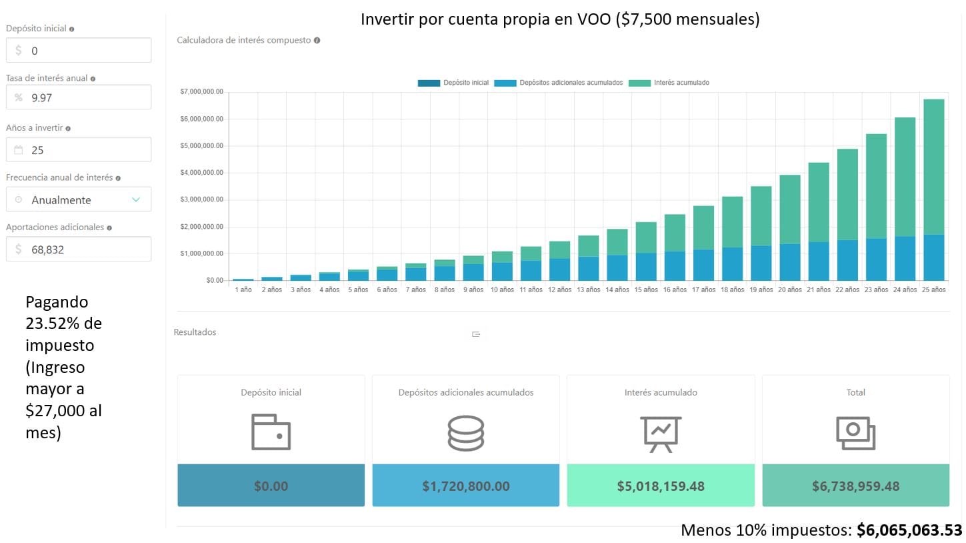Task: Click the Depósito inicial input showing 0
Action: coord(79,50)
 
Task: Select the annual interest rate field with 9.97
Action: coord(79,97)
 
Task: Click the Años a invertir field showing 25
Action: coord(79,149)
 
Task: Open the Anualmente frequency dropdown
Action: coord(79,199)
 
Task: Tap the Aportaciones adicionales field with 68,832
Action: coord(79,249)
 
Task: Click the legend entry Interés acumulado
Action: coord(669,83)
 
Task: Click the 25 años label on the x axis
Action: coord(933,290)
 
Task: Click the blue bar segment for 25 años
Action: coord(933,257)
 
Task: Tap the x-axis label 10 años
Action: coord(501,290)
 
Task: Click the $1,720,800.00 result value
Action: coord(465,486)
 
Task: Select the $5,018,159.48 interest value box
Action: coord(660,486)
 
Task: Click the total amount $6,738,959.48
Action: coord(855,486)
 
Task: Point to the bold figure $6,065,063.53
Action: coord(909,530)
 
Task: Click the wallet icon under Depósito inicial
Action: coord(271,432)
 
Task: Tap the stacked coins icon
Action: coord(465,433)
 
